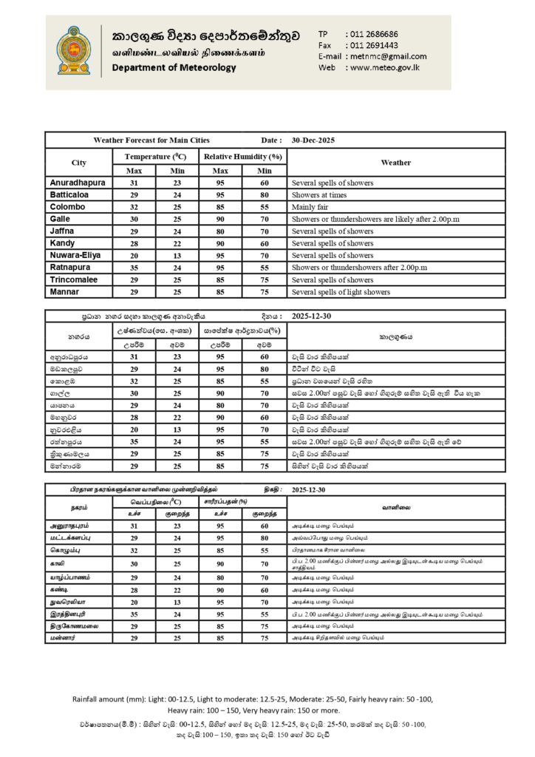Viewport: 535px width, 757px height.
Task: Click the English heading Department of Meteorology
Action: pyautogui.click(x=174, y=68)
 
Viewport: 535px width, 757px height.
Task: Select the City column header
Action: pyautogui.click(x=78, y=163)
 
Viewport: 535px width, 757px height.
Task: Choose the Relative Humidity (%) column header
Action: pyautogui.click(x=243, y=157)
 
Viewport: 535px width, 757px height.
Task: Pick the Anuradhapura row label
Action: pyautogui.click(x=77, y=182)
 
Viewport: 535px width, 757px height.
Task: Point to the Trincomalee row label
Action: pyautogui.click(x=77, y=280)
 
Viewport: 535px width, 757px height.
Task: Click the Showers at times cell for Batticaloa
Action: pyautogui.click(x=321, y=194)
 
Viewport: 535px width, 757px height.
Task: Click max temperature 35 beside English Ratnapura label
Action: pyautogui.click(x=134, y=268)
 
